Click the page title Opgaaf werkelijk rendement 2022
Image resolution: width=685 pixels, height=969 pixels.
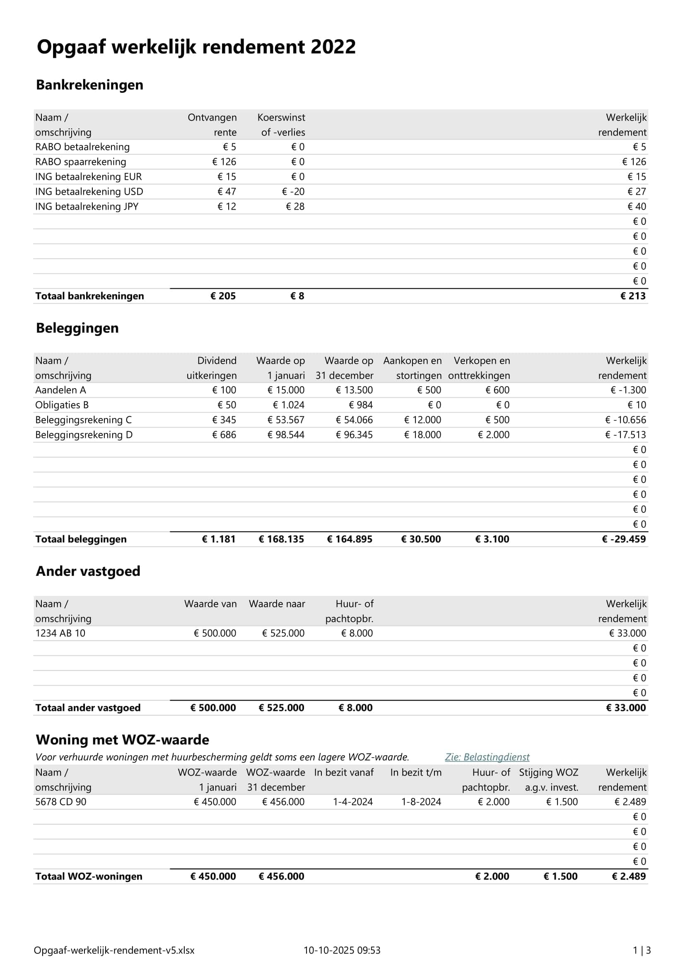click(196, 47)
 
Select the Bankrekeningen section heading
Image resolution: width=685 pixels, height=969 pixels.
click(89, 85)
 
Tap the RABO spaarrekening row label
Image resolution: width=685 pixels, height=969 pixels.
click(81, 162)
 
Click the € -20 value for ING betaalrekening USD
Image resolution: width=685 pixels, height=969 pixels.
click(293, 192)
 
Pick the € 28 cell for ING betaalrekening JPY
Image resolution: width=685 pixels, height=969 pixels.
click(295, 206)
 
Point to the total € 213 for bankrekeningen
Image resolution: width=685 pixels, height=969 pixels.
click(633, 296)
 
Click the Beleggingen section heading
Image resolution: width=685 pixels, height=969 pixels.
click(77, 328)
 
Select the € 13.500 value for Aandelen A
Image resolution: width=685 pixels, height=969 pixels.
click(355, 390)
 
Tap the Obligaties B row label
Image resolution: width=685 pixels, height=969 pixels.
click(62, 405)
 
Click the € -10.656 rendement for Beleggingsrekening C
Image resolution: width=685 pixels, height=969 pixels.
click(625, 420)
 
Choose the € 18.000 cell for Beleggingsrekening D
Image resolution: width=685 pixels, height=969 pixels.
click(423, 435)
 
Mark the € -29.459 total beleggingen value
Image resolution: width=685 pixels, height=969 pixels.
click(624, 539)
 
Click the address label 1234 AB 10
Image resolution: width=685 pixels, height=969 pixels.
click(60, 633)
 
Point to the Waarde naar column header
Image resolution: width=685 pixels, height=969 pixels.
click(277, 604)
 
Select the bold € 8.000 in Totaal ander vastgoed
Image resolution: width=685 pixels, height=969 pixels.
click(356, 708)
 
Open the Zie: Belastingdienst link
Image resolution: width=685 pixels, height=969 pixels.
click(487, 757)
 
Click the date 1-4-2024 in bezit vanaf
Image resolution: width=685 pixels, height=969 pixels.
click(352, 802)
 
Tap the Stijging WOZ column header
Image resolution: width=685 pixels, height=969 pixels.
click(548, 773)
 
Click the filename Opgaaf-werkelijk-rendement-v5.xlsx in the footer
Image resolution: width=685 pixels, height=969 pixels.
click(114, 950)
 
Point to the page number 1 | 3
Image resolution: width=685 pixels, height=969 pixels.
click(642, 950)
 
